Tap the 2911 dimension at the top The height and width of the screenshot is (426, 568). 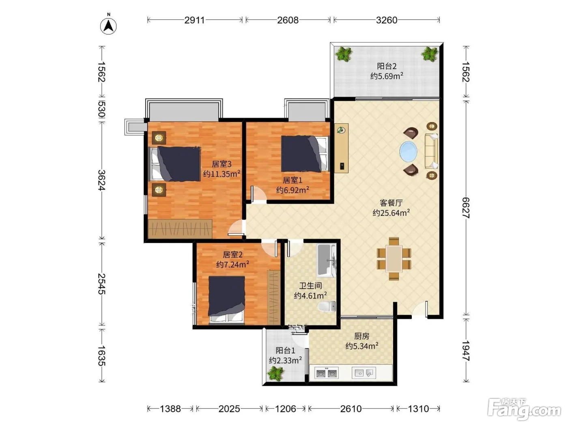pos(194,20)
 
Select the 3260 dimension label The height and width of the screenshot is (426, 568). pos(386,20)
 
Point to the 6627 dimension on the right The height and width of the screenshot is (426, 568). pos(466,208)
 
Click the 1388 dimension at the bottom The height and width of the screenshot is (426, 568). pos(170,409)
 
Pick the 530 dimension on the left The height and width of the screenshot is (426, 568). pos(102,109)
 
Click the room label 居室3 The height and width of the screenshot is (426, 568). pos(222,164)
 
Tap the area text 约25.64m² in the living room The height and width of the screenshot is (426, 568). pos(391,213)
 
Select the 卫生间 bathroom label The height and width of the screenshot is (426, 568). pos(310,286)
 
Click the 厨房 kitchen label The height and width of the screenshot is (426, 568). pos(361,336)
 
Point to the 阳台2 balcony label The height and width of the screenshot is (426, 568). pos(387,66)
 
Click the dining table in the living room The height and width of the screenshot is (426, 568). pos(394,259)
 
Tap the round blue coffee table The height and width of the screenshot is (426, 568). pos(408,151)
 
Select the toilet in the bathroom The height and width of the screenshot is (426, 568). pos(327,307)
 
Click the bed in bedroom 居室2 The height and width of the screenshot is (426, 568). pos(227,300)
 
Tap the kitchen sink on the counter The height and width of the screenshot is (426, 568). pos(364,373)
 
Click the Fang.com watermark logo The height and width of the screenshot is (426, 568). pos(524,410)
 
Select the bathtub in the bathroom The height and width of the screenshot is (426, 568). pos(326,261)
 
